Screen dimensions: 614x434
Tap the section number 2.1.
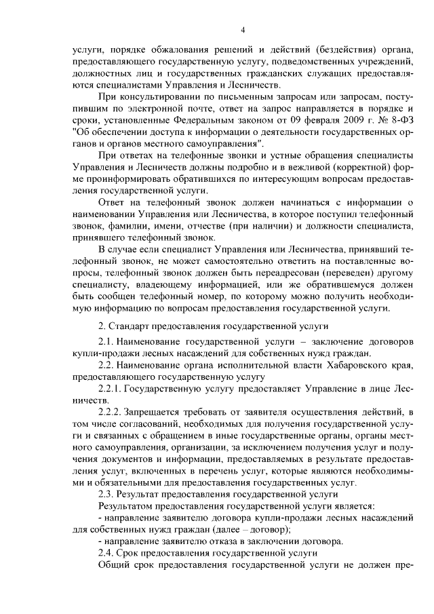click(108, 342)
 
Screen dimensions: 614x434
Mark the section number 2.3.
click(108, 494)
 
